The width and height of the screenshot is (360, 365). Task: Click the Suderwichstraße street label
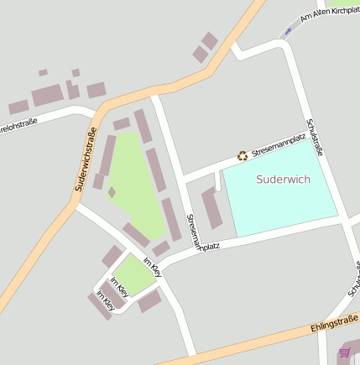85,159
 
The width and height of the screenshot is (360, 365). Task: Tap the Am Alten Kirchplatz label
329,14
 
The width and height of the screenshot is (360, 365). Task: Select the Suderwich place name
284,179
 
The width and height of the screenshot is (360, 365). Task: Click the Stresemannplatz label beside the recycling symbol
278,145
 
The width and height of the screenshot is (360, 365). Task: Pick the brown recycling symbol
243,154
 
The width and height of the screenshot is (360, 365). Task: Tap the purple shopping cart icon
344,352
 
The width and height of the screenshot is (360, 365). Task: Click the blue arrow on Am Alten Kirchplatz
288,32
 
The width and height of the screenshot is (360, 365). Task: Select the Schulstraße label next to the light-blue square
316,136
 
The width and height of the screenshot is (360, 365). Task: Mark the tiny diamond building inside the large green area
112,192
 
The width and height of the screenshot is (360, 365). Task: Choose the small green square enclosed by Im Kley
133,274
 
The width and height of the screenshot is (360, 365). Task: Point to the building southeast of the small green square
150,300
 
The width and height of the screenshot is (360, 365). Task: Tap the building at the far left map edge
18,107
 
